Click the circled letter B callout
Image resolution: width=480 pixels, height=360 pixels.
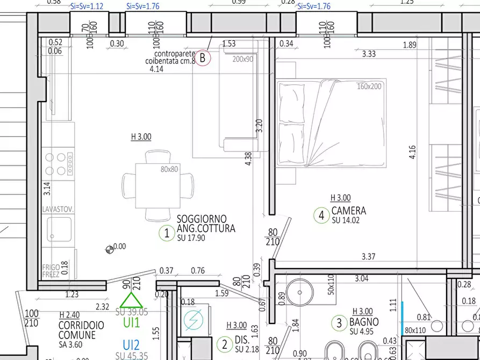[202, 57]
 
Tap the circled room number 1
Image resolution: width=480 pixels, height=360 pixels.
[167, 233]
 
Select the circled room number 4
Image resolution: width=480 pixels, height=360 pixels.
[321, 215]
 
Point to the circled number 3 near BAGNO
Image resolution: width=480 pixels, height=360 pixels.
[339, 323]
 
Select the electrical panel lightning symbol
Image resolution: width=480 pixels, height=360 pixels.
[191, 320]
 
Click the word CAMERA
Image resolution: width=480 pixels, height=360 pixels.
[348, 211]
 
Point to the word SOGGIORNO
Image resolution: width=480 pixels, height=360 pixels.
[202, 219]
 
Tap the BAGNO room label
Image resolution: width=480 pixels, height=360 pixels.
[364, 322]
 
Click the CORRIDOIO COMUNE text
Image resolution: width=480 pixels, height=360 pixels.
[81, 330]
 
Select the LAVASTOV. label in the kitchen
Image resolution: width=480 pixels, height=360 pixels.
[58, 209]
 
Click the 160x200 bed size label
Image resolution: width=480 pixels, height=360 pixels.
[369, 86]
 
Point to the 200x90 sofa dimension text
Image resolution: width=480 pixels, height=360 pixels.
[242, 59]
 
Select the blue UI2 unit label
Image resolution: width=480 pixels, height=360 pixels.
[131, 345]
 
